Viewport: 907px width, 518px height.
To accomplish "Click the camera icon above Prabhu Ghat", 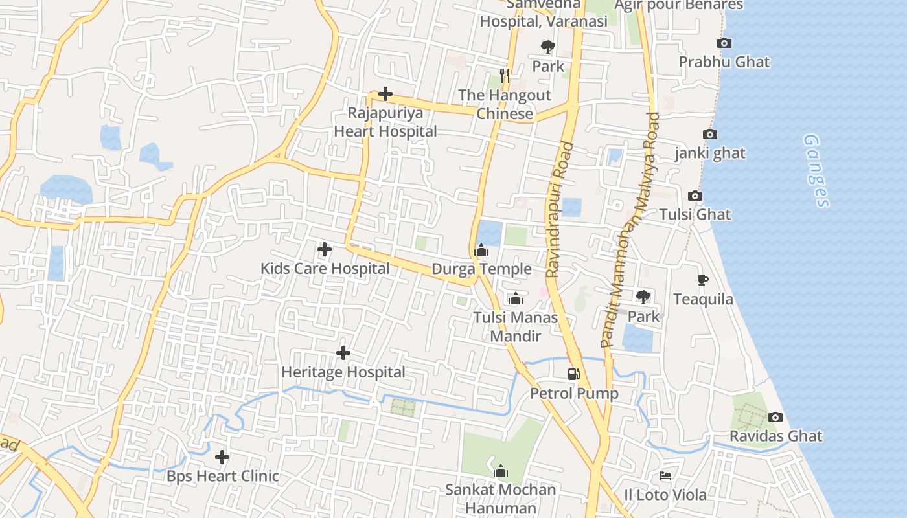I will (724, 43).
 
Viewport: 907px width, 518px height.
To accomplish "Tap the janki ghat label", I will (710, 153).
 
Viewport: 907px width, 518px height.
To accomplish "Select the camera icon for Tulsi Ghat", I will (695, 196).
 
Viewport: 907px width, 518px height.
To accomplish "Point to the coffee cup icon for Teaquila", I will (702, 280).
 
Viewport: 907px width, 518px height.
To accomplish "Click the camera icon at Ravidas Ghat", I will (775, 417).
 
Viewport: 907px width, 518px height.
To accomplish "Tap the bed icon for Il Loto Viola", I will (665, 476).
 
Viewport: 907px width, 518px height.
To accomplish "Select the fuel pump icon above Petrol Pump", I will (573, 374).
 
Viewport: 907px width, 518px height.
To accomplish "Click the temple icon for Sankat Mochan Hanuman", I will (500, 471).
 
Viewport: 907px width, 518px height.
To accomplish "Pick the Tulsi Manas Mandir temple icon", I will (515, 298).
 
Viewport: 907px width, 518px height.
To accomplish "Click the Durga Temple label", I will (481, 269).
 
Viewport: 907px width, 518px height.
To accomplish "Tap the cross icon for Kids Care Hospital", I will (325, 249).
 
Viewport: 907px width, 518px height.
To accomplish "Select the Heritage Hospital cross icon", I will (343, 353).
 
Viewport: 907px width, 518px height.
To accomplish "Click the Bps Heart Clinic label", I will (223, 476).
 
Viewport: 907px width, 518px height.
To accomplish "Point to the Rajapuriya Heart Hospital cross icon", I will (385, 94).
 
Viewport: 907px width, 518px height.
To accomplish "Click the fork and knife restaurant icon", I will (505, 76).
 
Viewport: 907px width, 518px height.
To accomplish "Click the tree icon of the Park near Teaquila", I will (643, 297).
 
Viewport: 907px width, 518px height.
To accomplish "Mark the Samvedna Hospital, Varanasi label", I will (544, 13).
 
